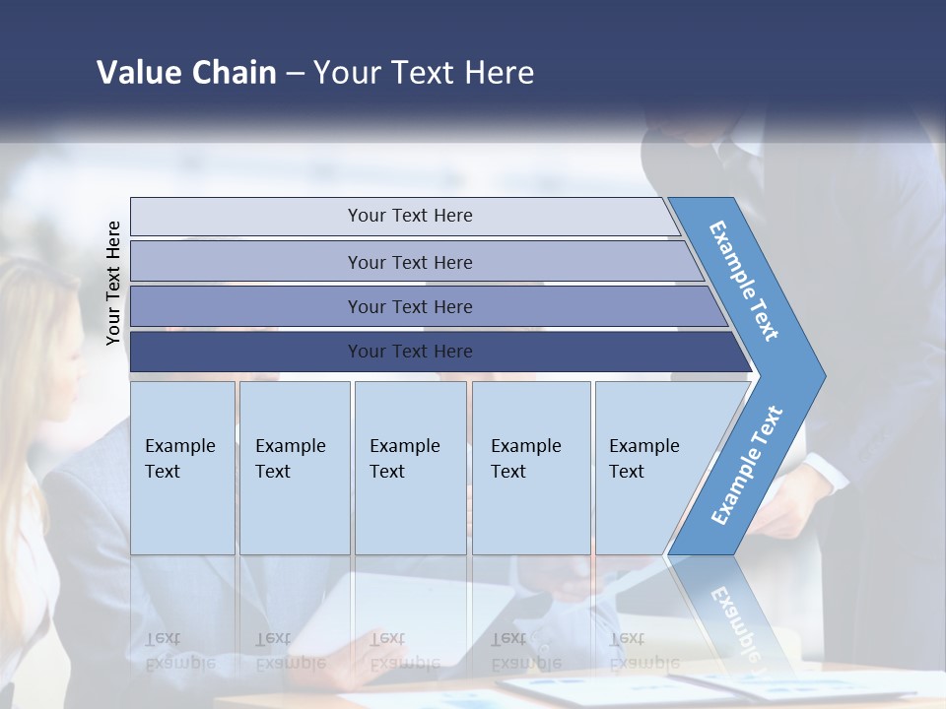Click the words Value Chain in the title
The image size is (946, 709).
(186, 73)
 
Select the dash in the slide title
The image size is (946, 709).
(295, 74)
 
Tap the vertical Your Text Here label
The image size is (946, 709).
(114, 284)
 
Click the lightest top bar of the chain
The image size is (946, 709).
(409, 216)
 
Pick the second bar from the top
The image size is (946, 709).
(409, 262)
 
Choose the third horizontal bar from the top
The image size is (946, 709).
(409, 306)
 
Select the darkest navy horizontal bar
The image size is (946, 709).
(409, 352)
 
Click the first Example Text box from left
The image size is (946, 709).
(182, 468)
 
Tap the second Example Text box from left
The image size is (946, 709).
(294, 468)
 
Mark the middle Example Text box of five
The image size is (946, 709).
(410, 468)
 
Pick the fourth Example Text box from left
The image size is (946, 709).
(530, 468)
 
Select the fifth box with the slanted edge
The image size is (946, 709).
(650, 468)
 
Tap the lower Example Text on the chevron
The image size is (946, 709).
(747, 466)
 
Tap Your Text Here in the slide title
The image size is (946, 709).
(424, 73)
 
